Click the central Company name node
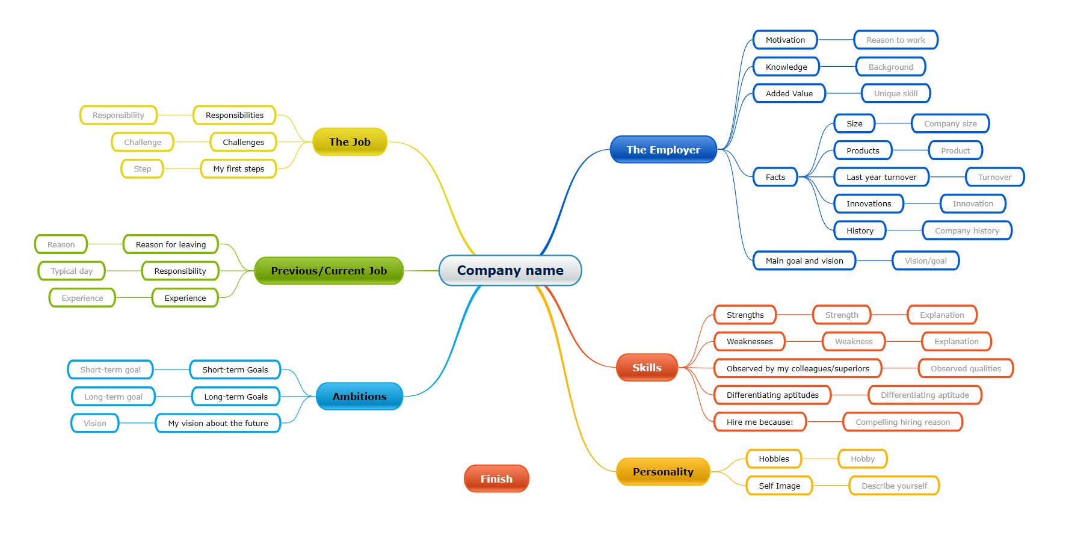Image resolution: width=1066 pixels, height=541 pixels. pos(510,271)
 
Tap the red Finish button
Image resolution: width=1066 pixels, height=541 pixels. pos(496,479)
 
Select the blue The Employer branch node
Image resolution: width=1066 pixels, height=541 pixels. pos(663,150)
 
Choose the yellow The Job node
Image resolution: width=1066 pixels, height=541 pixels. pos(350,142)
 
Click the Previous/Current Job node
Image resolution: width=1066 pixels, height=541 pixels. pos(328,271)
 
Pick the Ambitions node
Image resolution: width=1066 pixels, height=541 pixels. pos(359,397)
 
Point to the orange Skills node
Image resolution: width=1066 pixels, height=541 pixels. pos(647,368)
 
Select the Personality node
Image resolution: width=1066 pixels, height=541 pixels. pos(663,472)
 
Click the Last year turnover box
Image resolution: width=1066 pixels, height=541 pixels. pos(881,177)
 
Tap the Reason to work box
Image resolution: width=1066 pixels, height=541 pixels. pos(896,40)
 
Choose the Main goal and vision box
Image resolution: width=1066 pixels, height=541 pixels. pos(804,261)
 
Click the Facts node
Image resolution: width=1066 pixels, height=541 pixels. pos(775,177)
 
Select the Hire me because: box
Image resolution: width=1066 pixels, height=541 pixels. pos(760,422)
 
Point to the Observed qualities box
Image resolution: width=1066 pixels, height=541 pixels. pos(966,368)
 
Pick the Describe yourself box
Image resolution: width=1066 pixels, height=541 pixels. pos(894,486)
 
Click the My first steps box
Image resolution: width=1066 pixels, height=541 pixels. pos(238,169)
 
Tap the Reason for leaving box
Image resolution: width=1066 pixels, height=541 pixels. pos(171,244)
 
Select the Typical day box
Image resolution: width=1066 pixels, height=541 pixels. pos(72,271)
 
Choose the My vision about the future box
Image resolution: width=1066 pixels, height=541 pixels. pos(218,423)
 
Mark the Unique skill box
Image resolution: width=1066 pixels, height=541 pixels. pos(896,93)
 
